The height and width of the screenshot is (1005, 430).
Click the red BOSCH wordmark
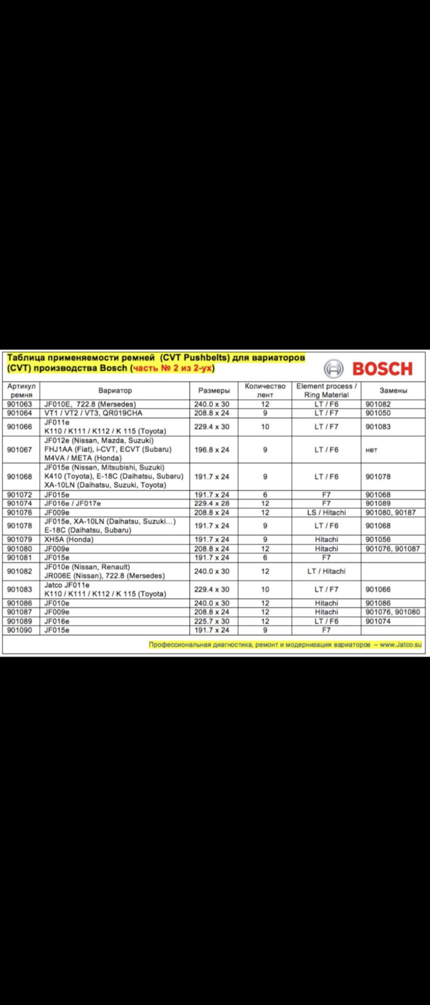tap(382, 368)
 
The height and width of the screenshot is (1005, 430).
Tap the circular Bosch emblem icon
tap(334, 368)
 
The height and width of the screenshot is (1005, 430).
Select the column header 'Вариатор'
tap(115, 390)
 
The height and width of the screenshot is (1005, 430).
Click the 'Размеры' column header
tap(214, 390)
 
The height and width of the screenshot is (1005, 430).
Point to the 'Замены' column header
tap(393, 390)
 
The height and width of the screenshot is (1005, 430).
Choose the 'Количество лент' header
tap(265, 390)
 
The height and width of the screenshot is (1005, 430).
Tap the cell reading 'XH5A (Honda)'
tap(69, 539)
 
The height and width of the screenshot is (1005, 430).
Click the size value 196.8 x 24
tap(212, 450)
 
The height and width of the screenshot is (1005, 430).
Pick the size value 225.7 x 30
tap(212, 621)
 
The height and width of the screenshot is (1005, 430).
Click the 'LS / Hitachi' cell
tap(326, 512)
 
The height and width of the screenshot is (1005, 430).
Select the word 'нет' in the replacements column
tap(371, 450)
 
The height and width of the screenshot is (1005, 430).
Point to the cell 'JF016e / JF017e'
tap(73, 504)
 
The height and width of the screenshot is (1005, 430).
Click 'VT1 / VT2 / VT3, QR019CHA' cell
tap(93, 413)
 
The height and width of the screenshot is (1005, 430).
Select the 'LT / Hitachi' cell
tap(326, 571)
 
